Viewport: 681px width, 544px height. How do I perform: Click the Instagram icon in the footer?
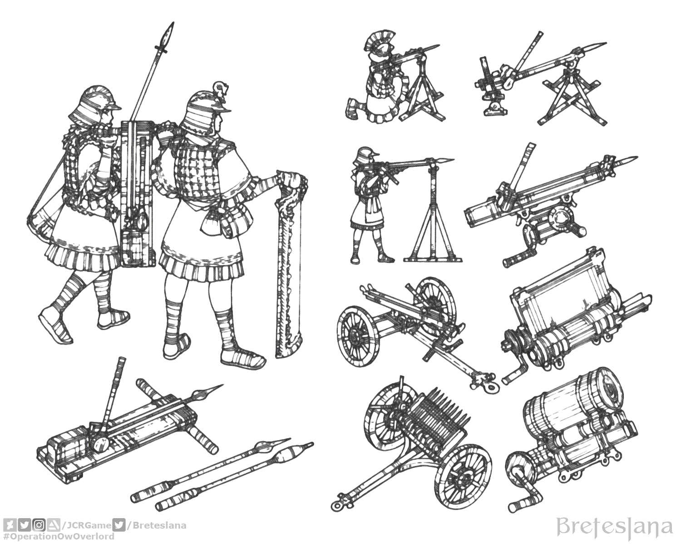[39, 525]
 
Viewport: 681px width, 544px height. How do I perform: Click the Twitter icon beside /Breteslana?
[119, 525]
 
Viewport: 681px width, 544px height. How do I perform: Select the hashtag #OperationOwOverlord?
[58, 537]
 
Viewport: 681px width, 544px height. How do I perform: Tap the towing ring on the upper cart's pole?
[490, 387]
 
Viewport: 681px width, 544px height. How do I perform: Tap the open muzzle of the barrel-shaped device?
[613, 391]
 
